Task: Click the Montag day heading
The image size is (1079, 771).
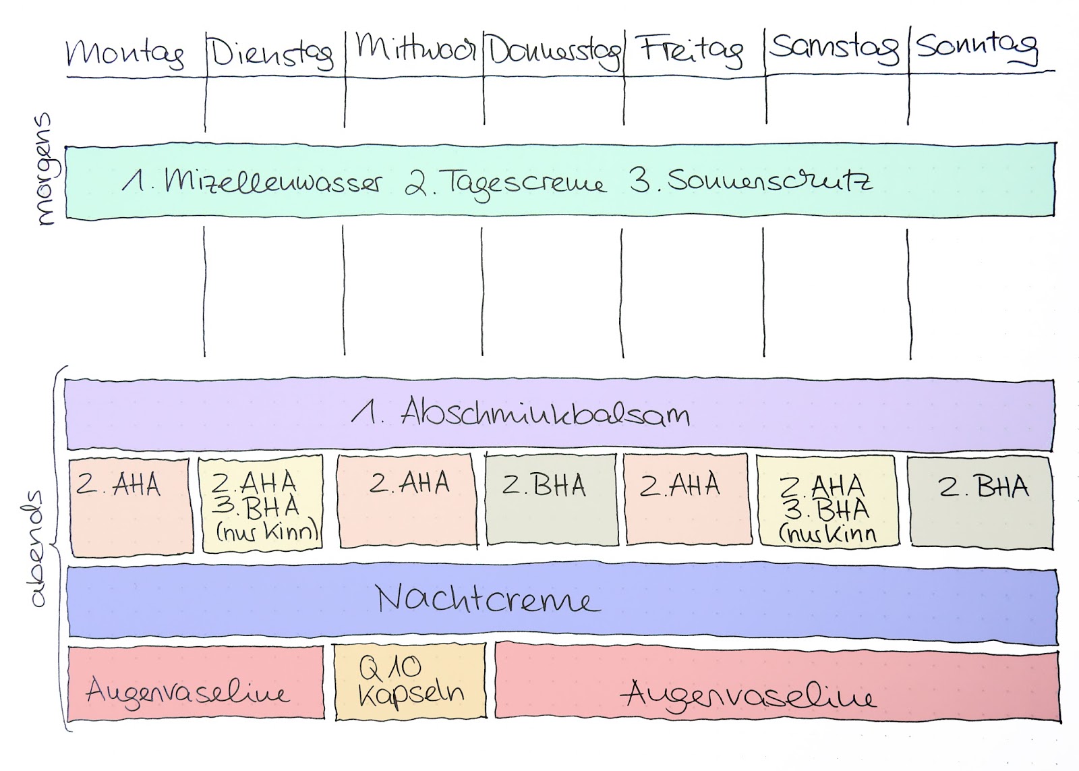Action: [125, 53]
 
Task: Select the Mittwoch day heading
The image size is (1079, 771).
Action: [415, 47]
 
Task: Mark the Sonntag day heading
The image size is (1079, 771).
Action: [976, 46]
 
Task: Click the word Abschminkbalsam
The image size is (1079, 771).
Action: [545, 412]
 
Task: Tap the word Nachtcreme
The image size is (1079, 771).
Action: [487, 599]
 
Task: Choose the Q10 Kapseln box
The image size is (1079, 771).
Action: [410, 681]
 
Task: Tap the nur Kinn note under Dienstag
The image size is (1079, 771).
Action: [267, 532]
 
